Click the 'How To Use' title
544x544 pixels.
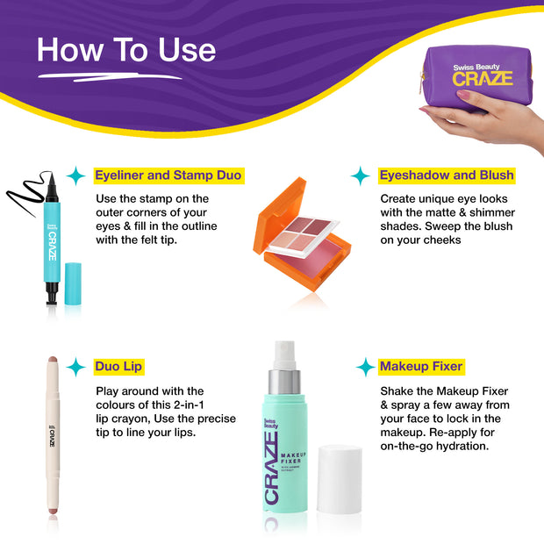coord(126,50)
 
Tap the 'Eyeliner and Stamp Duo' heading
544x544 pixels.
coord(168,175)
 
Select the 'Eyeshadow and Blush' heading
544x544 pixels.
coord(447,175)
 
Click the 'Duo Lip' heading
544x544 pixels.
coord(118,367)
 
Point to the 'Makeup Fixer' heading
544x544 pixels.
coord(421,367)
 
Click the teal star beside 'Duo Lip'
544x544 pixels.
coord(76,367)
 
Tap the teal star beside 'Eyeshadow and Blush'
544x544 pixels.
coord(361,175)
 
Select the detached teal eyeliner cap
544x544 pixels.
coord(73,283)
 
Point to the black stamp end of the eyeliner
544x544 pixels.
coord(52,294)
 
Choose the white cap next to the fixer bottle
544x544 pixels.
coord(340,479)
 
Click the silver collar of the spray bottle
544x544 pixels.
coord(284,382)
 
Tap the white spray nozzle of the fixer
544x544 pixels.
coord(284,355)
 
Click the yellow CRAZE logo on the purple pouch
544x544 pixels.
coord(483,79)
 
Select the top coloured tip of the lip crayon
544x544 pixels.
coord(53,360)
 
